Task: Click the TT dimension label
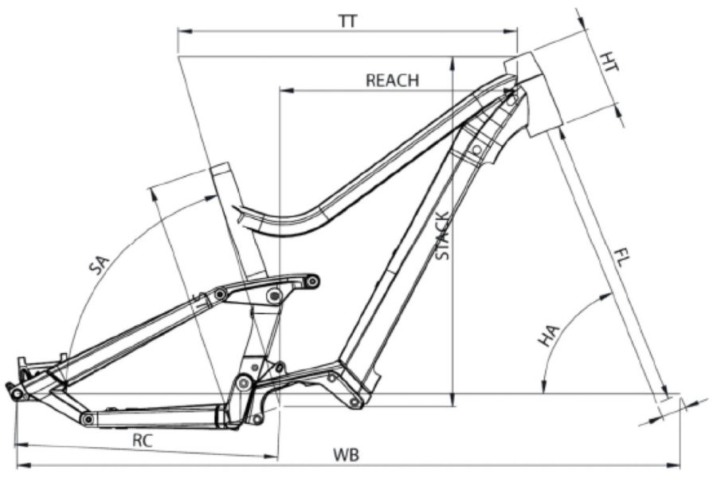[x=347, y=22]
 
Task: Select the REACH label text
[x=392, y=80]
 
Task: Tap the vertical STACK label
[x=444, y=237]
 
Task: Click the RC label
[x=143, y=440]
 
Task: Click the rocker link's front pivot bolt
[x=313, y=280]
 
